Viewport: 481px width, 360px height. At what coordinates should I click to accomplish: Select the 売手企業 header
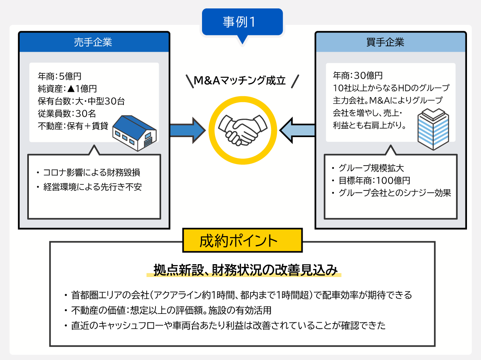93,42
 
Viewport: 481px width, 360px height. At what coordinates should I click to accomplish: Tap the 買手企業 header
390,42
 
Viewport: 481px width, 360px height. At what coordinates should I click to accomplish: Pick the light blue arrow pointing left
297,130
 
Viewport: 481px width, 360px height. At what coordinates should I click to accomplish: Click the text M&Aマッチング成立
240,81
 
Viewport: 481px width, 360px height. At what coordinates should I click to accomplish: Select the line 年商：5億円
60,75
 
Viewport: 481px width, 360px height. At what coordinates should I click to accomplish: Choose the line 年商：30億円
358,75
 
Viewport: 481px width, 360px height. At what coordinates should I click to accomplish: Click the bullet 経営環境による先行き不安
91,187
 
